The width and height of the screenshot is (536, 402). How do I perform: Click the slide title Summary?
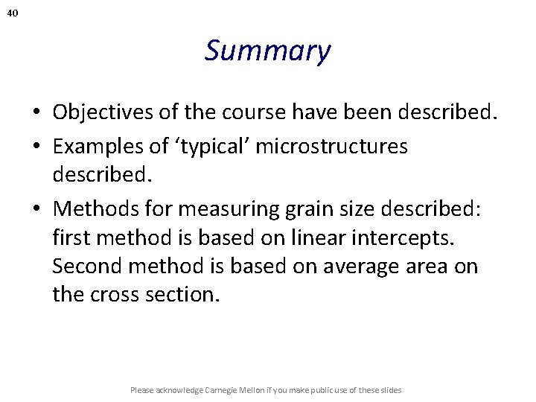click(267, 51)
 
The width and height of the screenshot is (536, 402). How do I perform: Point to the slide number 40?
click(13, 13)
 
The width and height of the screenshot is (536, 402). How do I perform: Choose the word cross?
click(118, 294)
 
